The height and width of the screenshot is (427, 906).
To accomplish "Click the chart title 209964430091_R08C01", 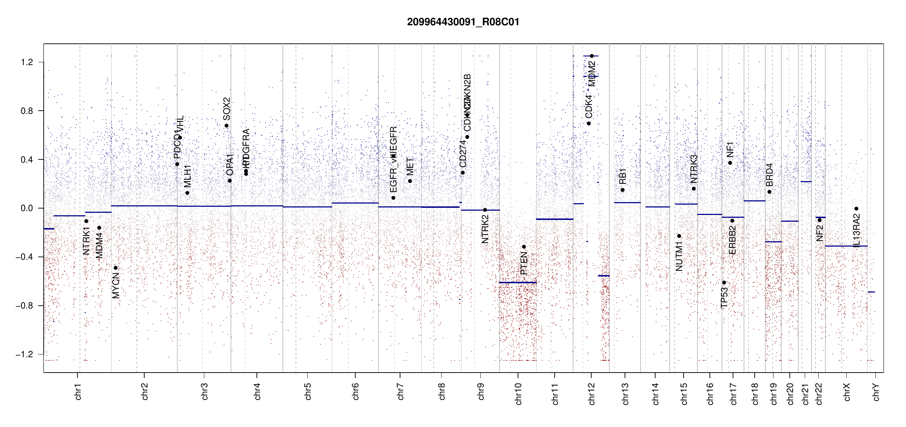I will coord(463,22).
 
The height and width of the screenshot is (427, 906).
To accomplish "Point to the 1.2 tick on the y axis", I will coord(27,62).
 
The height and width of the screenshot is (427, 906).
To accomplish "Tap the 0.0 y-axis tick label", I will coord(27,208).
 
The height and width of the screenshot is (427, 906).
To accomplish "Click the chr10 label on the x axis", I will coord(518,394).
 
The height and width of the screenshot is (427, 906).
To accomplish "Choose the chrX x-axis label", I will coord(847,392).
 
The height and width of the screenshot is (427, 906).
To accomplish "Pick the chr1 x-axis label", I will coord(78,391).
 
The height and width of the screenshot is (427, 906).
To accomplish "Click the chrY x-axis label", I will coord(876,392).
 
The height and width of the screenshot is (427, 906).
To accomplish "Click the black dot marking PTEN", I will coord(524,247).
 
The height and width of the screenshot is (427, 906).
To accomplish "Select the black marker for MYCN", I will coord(115,268).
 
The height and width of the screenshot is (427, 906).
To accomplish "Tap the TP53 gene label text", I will coord(724,297).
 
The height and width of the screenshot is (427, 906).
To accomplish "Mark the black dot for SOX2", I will coord(226,126).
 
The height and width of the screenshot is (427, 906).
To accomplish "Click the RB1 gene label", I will coord(622,176).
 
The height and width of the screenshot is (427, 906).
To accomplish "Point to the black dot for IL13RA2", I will coord(856,209).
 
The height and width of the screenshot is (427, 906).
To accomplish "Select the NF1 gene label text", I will coord(730,149).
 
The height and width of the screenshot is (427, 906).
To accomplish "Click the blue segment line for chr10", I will coord(518,283).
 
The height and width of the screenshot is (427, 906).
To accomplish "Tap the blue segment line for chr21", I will coord(806,182).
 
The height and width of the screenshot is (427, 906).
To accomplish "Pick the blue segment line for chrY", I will coord(871,292).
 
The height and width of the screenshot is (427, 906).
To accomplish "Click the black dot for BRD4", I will coord(769,192).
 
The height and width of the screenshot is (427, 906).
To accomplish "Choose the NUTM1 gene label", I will coord(679,256).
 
